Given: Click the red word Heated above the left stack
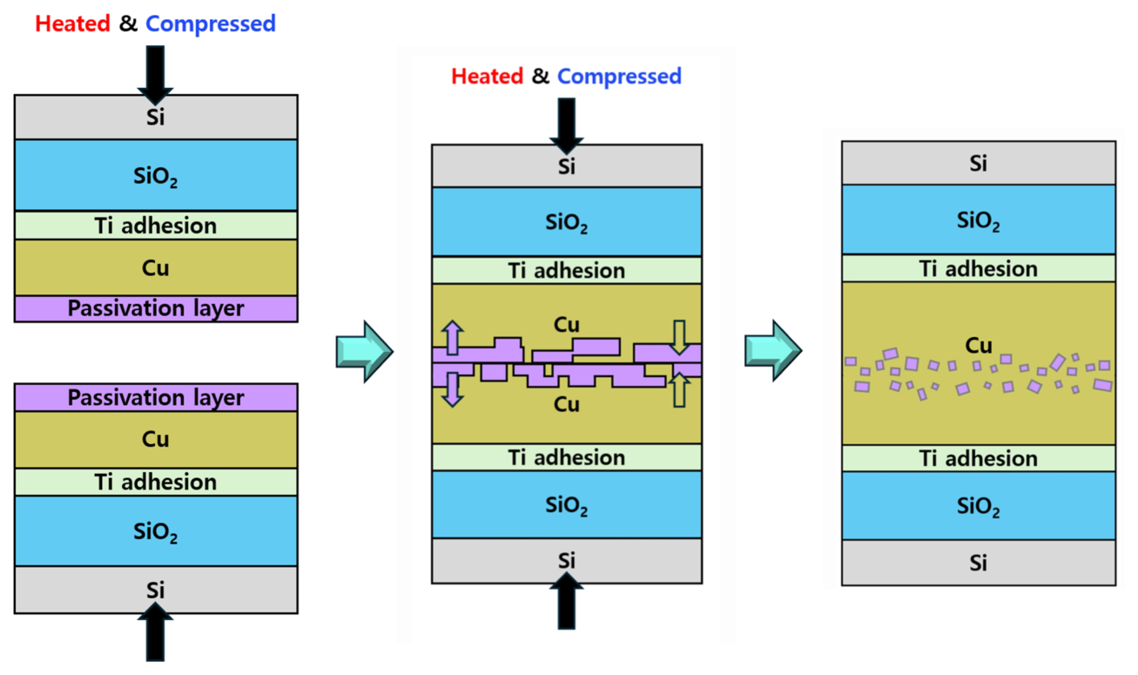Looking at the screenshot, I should pyautogui.click(x=72, y=24).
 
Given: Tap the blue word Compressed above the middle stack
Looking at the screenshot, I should pyautogui.click(x=619, y=77).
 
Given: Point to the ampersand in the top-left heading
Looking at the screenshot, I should pyautogui.click(x=128, y=24).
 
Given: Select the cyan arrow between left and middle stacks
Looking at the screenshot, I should pyautogui.click(x=364, y=351).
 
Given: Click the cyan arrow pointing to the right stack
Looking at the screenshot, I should pyautogui.click(x=772, y=350).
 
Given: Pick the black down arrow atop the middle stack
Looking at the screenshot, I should pyautogui.click(x=567, y=121).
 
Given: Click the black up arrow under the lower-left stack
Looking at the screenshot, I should pyautogui.click(x=156, y=633).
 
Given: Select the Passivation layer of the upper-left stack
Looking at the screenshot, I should pyautogui.click(x=156, y=308).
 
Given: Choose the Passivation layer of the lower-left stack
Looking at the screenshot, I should pyautogui.click(x=156, y=398).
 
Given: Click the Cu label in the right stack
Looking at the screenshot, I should pyautogui.click(x=979, y=345).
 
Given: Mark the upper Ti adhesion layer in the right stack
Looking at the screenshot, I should pyautogui.click(x=979, y=268).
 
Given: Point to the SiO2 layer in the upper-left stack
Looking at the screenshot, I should pyautogui.click(x=156, y=176).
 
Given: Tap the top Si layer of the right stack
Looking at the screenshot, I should pyautogui.click(x=979, y=163).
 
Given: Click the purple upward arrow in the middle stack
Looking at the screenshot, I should pyautogui.click(x=453, y=337).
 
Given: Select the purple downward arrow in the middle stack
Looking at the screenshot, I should pyautogui.click(x=453, y=389).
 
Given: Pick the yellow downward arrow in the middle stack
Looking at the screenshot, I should pyautogui.click(x=681, y=335).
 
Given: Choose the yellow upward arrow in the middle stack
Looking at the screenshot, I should pyautogui.click(x=681, y=390).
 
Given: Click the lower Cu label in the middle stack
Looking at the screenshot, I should pyautogui.click(x=567, y=404).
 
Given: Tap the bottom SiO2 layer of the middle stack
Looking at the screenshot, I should pyautogui.click(x=567, y=504).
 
